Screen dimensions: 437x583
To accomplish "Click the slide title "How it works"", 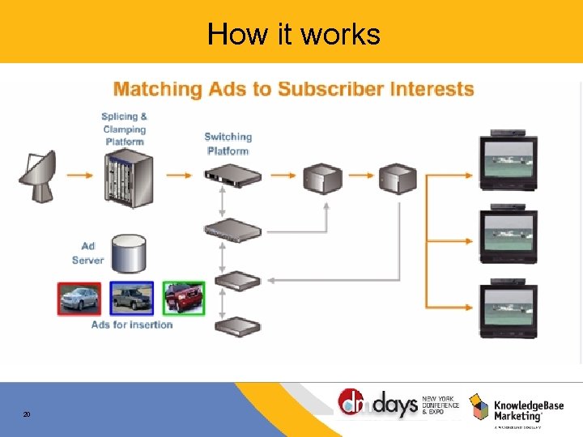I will pyautogui.click(x=293, y=34).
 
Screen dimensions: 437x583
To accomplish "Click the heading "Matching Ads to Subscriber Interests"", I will pyautogui.click(x=293, y=88).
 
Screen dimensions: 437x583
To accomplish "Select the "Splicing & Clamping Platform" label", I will pyautogui.click(x=124, y=129).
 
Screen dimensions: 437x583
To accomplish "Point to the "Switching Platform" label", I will pyautogui.click(x=228, y=144).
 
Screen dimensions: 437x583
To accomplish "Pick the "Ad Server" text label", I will pyautogui.click(x=87, y=253).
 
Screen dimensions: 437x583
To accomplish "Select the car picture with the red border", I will pyautogui.click(x=79, y=298).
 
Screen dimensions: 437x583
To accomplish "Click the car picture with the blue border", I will pyautogui.click(x=131, y=298).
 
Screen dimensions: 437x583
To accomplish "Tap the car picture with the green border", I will pyautogui.click(x=184, y=298).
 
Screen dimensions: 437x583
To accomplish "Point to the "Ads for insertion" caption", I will pyautogui.click(x=132, y=325).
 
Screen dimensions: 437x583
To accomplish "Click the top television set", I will pyautogui.click(x=509, y=161).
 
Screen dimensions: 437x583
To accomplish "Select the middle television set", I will pyautogui.click(x=509, y=235).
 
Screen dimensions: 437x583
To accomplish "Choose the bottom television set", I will pyautogui.click(x=509, y=308).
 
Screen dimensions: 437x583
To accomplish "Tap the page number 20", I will pyautogui.click(x=27, y=414).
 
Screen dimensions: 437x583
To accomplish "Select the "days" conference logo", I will pyautogui.click(x=381, y=404).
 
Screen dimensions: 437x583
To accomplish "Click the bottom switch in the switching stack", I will pyautogui.click(x=237, y=326).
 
